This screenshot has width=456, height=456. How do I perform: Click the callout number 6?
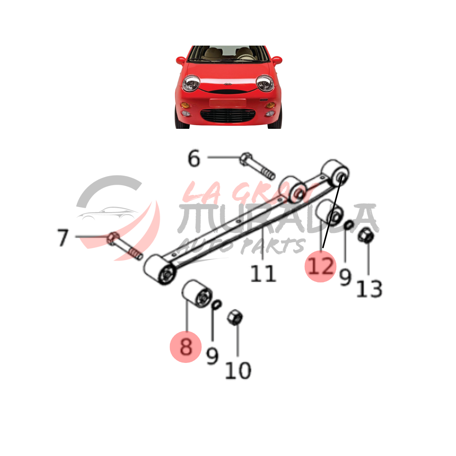click(194, 158)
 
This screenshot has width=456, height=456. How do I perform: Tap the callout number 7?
click(63, 237)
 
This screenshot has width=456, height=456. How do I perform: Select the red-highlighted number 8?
click(186, 347)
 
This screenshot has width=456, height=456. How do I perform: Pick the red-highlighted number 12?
click(321, 266)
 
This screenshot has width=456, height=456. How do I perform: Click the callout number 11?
click(263, 273)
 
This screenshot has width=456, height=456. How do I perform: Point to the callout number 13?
click(369, 289)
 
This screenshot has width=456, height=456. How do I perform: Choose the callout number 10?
click(238, 370)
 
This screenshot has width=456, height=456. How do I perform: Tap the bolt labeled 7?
click(125, 246)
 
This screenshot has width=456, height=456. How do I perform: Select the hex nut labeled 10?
click(235, 317)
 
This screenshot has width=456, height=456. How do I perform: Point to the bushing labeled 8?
click(197, 294)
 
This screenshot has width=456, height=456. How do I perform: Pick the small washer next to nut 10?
click(217, 304)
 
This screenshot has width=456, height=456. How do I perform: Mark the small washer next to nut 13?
click(349, 225)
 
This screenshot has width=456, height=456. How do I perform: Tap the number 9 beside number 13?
click(345, 277)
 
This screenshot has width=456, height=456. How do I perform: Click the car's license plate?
click(228, 103)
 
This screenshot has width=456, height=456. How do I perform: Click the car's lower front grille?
click(228, 116)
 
